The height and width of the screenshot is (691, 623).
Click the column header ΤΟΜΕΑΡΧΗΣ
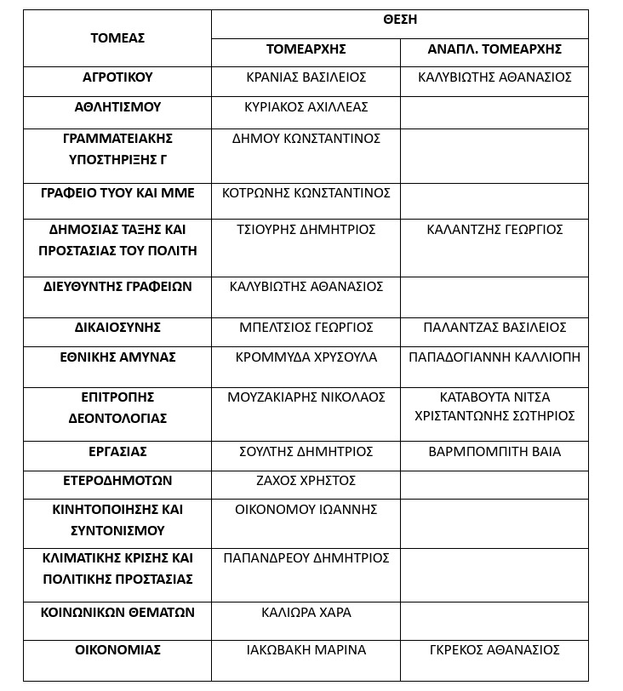pos(306,49)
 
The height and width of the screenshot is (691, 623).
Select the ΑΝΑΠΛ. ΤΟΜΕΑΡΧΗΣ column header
pos(494,49)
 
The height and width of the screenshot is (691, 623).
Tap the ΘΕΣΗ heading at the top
pos(399,20)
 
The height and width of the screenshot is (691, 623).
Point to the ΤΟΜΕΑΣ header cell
pos(117,37)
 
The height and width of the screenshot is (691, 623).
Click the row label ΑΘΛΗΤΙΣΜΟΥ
pos(117,107)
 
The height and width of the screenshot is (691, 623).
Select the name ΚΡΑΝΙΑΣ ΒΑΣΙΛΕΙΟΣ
pos(306,77)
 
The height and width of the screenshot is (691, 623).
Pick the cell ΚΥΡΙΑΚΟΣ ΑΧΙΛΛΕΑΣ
pos(306,107)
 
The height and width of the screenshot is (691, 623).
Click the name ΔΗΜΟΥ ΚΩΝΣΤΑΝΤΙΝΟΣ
pos(306,138)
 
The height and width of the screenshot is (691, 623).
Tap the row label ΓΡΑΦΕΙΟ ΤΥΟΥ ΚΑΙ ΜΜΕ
pos(117,193)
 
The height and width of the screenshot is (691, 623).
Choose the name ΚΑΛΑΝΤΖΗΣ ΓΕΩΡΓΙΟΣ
pos(494,230)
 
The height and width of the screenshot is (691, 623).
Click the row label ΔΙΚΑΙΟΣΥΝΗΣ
pos(117,328)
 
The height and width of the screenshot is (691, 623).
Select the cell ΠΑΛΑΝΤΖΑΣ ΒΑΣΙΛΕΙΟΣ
pos(494,328)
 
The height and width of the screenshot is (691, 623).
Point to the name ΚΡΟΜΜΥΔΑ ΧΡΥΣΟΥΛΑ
pos(306,357)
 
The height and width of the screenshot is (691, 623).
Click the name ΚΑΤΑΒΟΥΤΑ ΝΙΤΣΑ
pos(494,397)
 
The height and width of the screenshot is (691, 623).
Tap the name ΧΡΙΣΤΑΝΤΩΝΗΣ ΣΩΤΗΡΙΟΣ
pos(494,416)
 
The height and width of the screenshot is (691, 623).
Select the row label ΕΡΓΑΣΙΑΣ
pos(117,452)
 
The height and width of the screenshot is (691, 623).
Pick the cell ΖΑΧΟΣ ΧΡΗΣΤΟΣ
pos(306,481)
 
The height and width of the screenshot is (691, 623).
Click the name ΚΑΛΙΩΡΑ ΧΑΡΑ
pos(306,613)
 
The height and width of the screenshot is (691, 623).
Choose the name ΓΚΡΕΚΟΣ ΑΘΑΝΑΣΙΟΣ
pos(494,650)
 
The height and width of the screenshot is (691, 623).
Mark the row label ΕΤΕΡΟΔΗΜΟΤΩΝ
pos(117,481)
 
